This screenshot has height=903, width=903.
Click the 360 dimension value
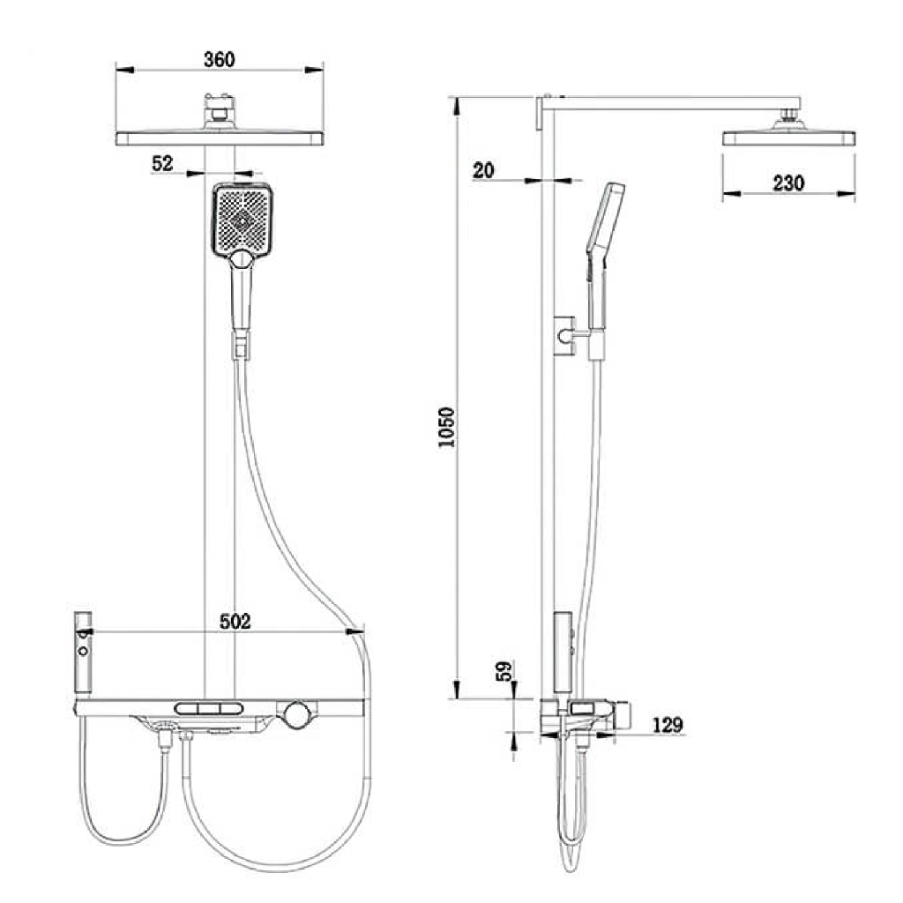(220, 59)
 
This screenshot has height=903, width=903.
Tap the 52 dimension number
(162, 163)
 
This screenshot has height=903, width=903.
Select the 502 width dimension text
(235, 622)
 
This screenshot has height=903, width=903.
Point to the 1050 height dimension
(446, 427)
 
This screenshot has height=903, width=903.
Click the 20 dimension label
(483, 170)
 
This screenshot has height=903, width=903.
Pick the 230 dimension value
(788, 183)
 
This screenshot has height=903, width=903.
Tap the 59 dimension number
(504, 671)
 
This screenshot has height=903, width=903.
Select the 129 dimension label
(668, 725)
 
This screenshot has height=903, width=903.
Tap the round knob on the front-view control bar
(296, 714)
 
